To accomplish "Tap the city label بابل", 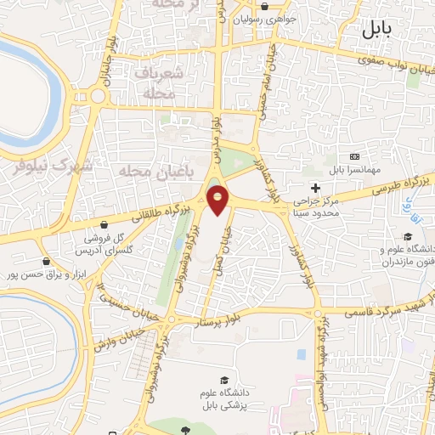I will click(x=377, y=31).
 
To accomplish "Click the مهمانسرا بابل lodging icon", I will click(x=355, y=156).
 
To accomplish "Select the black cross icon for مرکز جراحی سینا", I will click(x=316, y=188).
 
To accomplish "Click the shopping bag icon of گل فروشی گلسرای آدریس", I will click(x=104, y=225).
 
